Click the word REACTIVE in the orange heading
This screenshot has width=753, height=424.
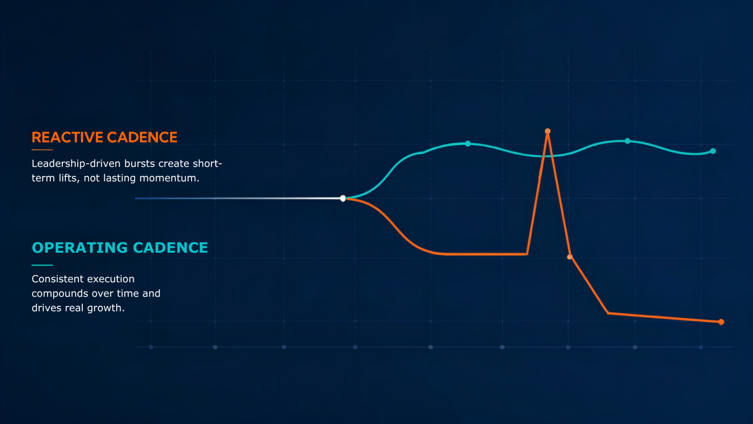[x=67, y=137]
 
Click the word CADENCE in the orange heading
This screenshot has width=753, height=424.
[x=142, y=137]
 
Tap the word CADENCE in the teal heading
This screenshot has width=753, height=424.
[x=171, y=248]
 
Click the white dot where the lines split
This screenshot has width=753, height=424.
[x=343, y=198]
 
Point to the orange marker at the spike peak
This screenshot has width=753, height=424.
[x=547, y=131]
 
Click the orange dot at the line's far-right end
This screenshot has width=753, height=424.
[x=721, y=322]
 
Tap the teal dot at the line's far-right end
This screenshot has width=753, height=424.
[x=713, y=151]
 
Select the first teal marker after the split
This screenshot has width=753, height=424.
[x=468, y=144]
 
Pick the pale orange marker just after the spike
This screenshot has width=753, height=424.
[x=570, y=257]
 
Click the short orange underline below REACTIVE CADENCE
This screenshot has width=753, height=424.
[x=42, y=150]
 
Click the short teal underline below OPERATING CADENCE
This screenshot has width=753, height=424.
[x=42, y=265]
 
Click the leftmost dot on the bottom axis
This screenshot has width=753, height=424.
[x=151, y=347]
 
